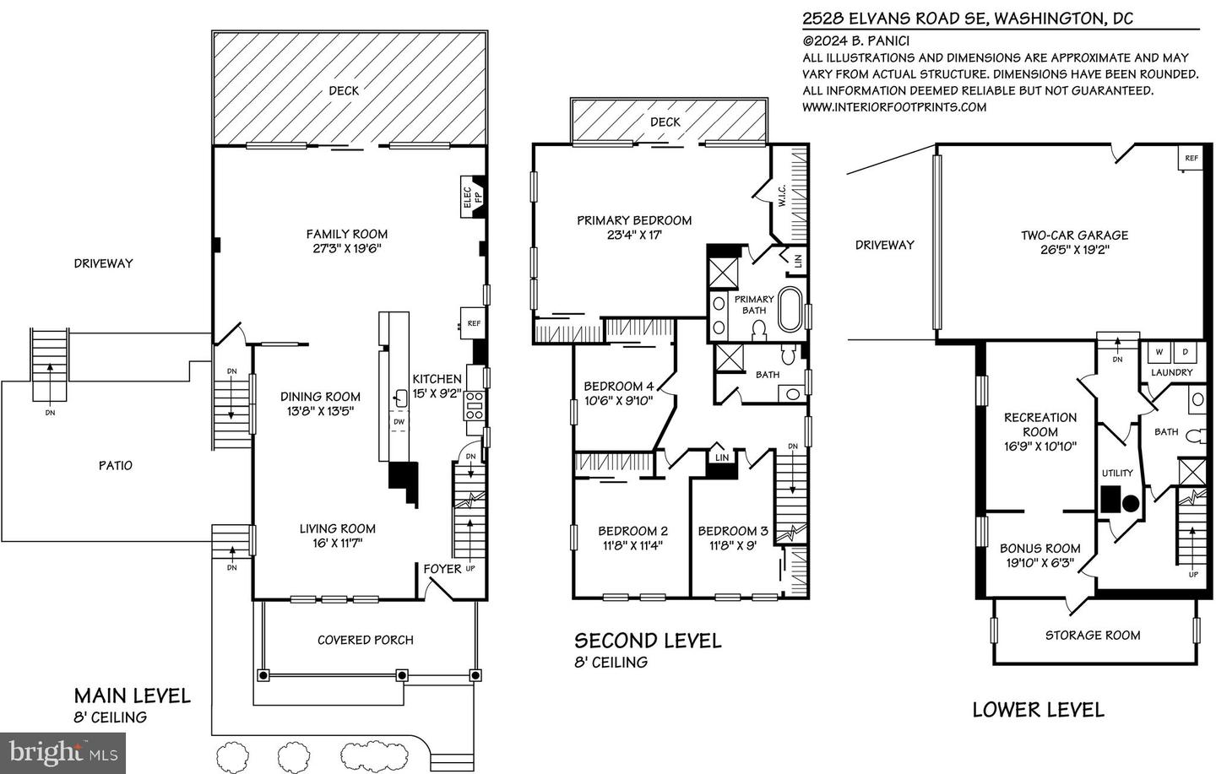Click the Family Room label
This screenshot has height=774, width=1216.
pyautogui.click(x=346, y=234)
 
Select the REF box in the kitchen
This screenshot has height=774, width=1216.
pyautogui.click(x=473, y=323)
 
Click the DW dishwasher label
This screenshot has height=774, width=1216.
pyautogui.click(x=399, y=422)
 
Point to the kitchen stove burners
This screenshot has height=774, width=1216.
pyautogui.click(x=474, y=406)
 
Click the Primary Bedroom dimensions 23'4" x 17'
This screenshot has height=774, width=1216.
pyautogui.click(x=633, y=235)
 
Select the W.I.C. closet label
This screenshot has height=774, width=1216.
pyautogui.click(x=782, y=198)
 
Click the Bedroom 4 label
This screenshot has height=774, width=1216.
pyautogui.click(x=618, y=387)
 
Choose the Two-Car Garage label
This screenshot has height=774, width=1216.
pyautogui.click(x=1073, y=235)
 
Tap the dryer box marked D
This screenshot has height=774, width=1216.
pyautogui.click(x=1184, y=352)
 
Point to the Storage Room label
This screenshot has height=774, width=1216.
pyautogui.click(x=1092, y=635)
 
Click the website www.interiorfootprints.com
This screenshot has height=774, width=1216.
pyautogui.click(x=893, y=106)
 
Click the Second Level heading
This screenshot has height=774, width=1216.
pyautogui.click(x=648, y=641)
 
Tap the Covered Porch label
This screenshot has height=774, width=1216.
pyautogui.click(x=365, y=640)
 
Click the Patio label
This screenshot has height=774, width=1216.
pyautogui.click(x=115, y=465)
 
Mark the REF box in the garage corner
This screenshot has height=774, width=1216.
pyautogui.click(x=1191, y=158)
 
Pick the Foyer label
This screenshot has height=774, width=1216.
pyautogui.click(x=442, y=568)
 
